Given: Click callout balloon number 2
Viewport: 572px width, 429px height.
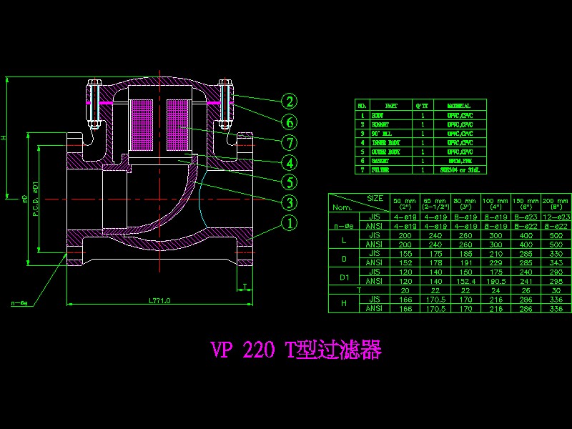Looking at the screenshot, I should tap(288, 102).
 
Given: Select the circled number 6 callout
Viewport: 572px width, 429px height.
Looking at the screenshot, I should tap(288, 122).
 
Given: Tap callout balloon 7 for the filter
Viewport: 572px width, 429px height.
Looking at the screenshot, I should tap(288, 142).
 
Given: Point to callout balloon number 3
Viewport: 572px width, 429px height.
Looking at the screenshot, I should tap(288, 202).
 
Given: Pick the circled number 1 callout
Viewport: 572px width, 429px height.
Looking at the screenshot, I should tap(288, 223).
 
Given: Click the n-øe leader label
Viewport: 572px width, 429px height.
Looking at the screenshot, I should tap(20, 303).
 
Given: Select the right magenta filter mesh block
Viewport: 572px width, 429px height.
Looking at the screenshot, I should tap(179, 125).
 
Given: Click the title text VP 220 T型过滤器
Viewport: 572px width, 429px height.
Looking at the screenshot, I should tap(295, 350).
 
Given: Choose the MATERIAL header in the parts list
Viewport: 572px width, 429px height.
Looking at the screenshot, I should tap(458, 105).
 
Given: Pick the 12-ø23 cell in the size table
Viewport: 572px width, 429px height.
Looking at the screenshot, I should tap(557, 216).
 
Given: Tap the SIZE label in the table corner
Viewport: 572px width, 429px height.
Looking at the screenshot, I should tap(375, 197).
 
